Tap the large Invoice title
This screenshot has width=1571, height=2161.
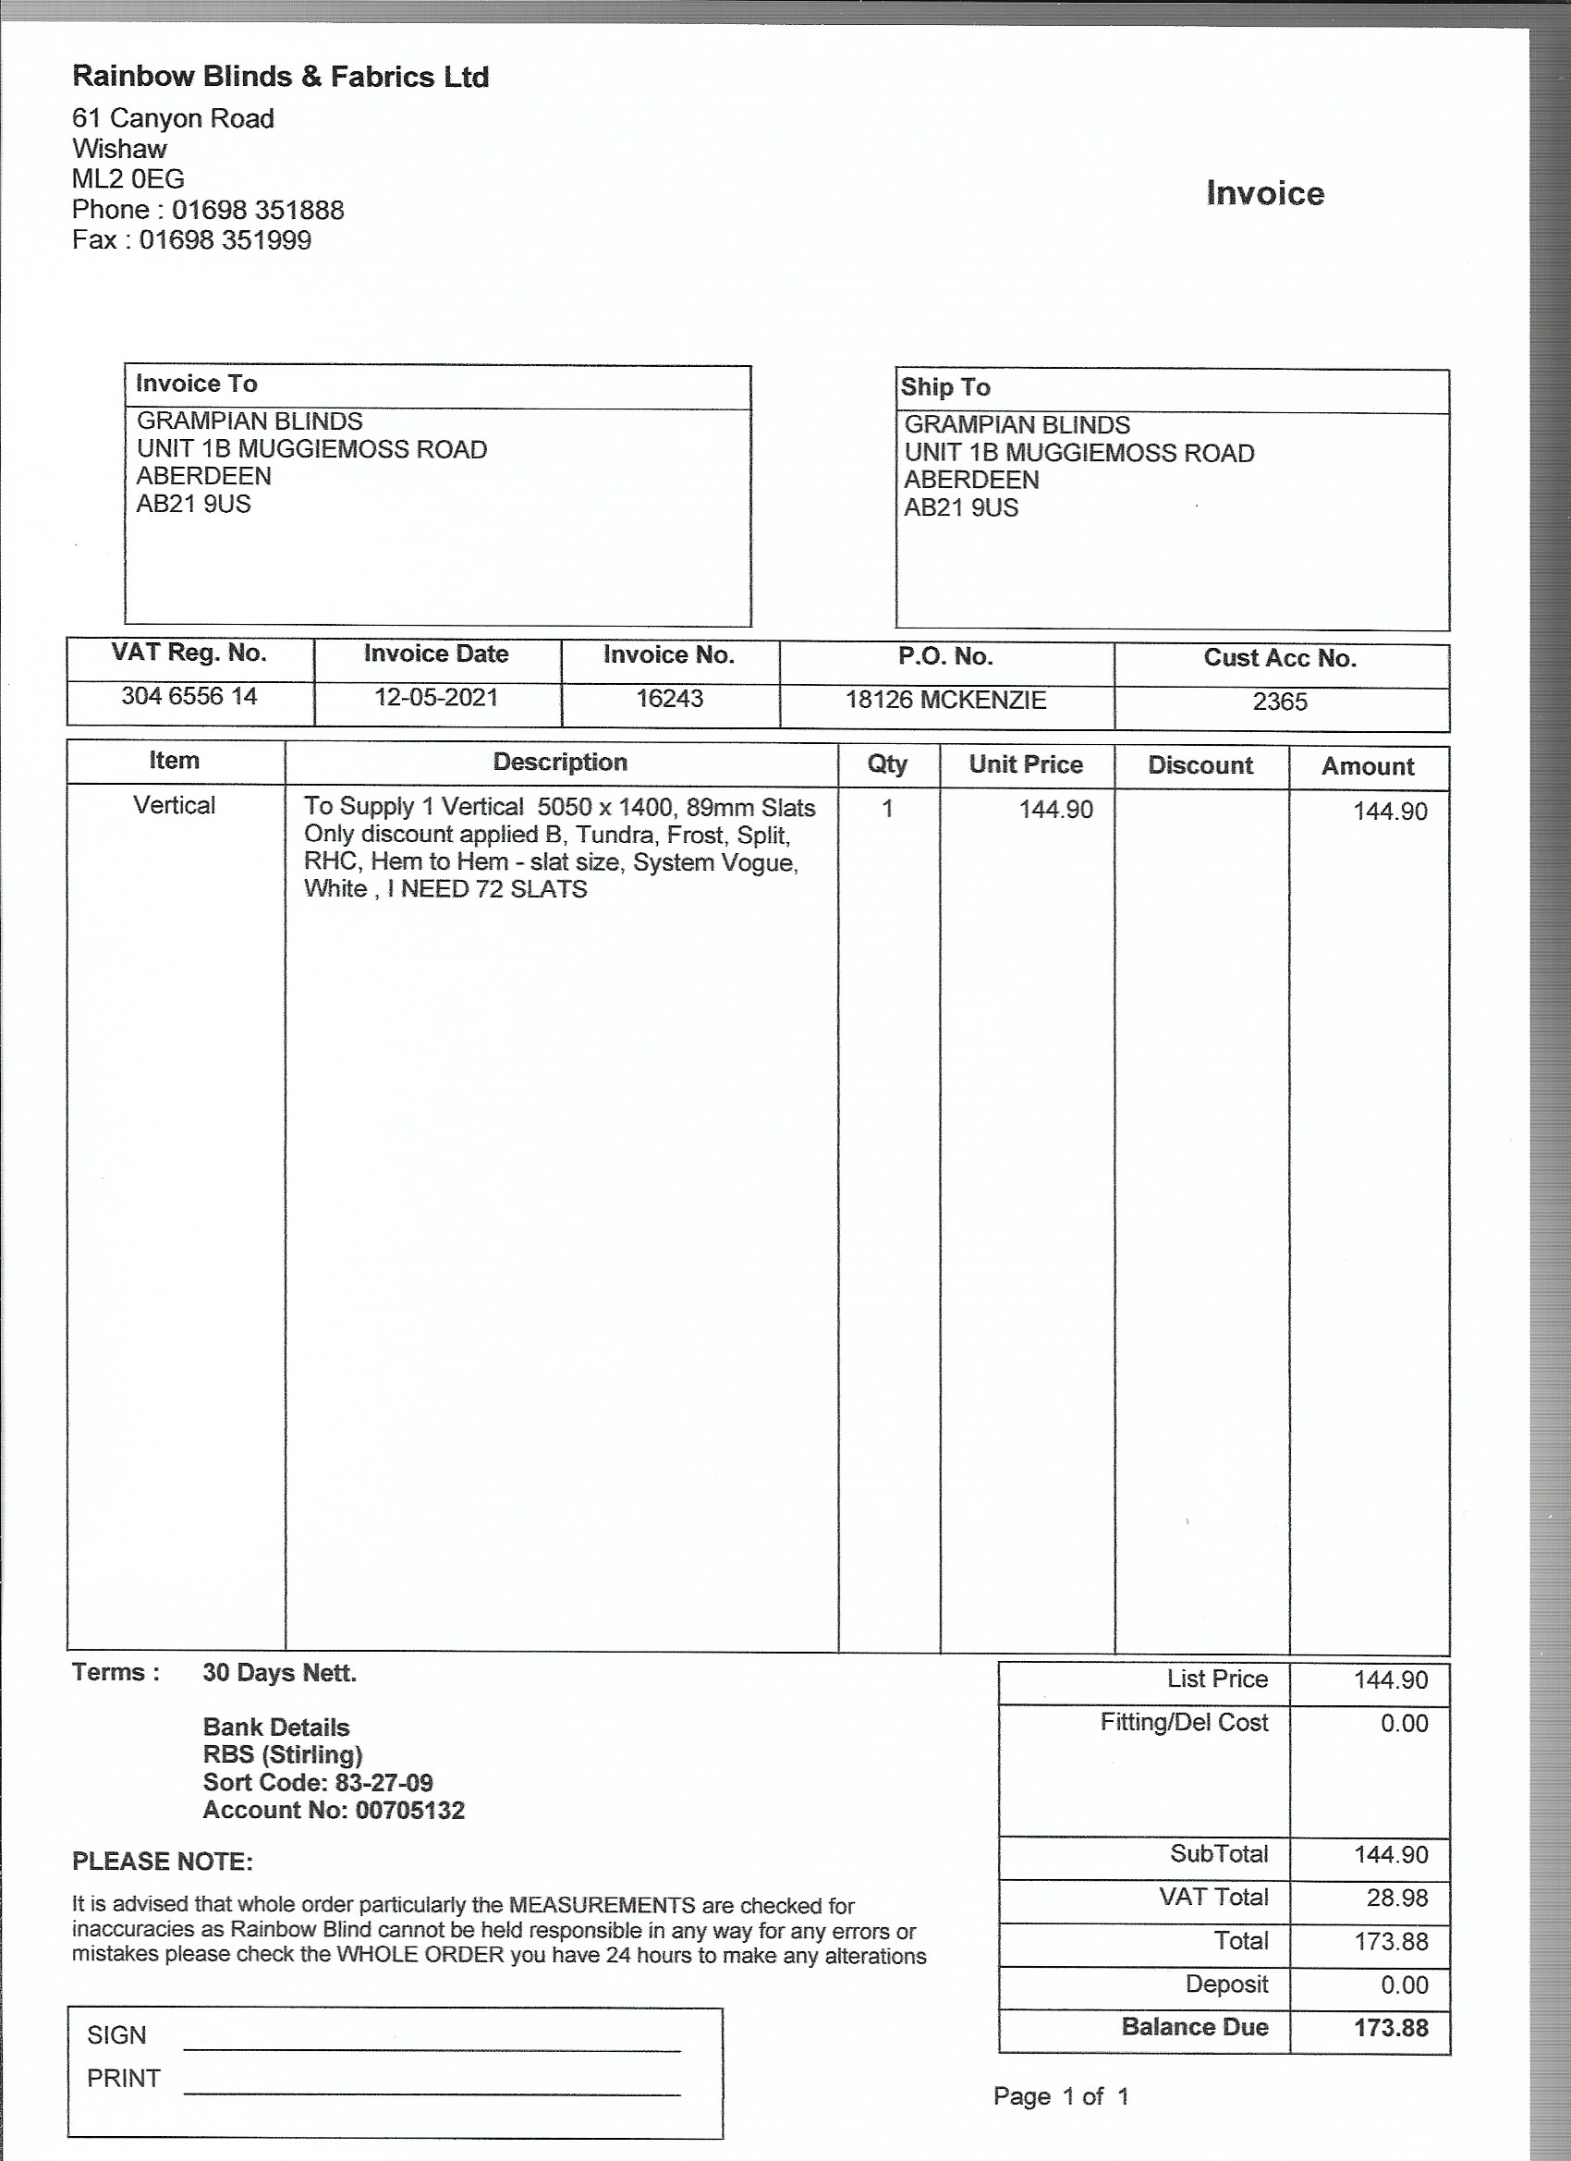(1264, 193)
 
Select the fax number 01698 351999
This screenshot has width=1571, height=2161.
(225, 240)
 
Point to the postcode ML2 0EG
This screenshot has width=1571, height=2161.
(128, 179)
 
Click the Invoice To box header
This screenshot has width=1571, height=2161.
(196, 384)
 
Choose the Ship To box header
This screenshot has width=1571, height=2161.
(945, 387)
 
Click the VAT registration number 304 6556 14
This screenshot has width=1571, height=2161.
(189, 697)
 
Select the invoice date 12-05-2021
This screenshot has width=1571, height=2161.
(435, 698)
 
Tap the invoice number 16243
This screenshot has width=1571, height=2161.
(669, 699)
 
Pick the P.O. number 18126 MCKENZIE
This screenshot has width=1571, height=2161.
(945, 701)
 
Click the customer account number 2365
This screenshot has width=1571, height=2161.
(1280, 702)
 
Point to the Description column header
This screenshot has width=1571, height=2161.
(560, 763)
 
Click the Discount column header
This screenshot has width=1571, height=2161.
(1200, 765)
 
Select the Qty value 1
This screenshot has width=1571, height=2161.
(887, 809)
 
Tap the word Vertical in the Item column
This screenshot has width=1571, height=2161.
(175, 805)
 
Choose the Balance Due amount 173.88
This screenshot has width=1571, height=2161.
(1391, 2028)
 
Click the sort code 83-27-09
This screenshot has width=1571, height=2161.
(384, 1783)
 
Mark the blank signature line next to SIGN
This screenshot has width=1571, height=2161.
(432, 2046)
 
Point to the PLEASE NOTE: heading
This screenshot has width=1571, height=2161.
(162, 1861)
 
